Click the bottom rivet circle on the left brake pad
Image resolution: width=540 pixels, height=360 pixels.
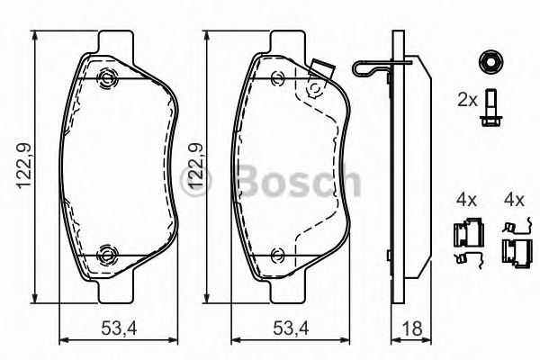click(x=109, y=254)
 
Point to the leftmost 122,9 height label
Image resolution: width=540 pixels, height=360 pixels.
click(x=28, y=167)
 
